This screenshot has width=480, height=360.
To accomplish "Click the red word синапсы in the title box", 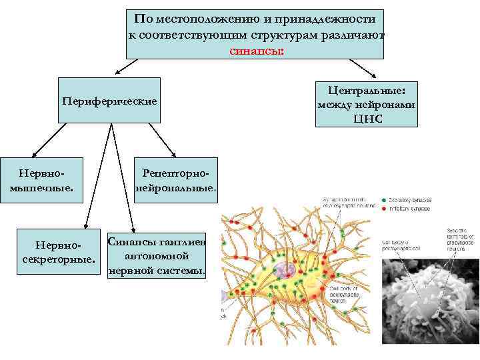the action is click(x=257, y=49).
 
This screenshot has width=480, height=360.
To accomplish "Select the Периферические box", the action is click(x=109, y=101).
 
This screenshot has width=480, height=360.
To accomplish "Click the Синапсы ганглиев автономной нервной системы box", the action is click(x=157, y=256).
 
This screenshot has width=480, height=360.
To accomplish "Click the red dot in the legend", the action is click(x=383, y=208).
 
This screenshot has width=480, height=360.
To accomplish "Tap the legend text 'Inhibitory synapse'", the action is click(x=410, y=208).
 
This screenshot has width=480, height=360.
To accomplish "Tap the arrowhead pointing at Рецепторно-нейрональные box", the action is click(x=165, y=154).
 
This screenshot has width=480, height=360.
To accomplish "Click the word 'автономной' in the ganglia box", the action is click(x=157, y=256).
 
